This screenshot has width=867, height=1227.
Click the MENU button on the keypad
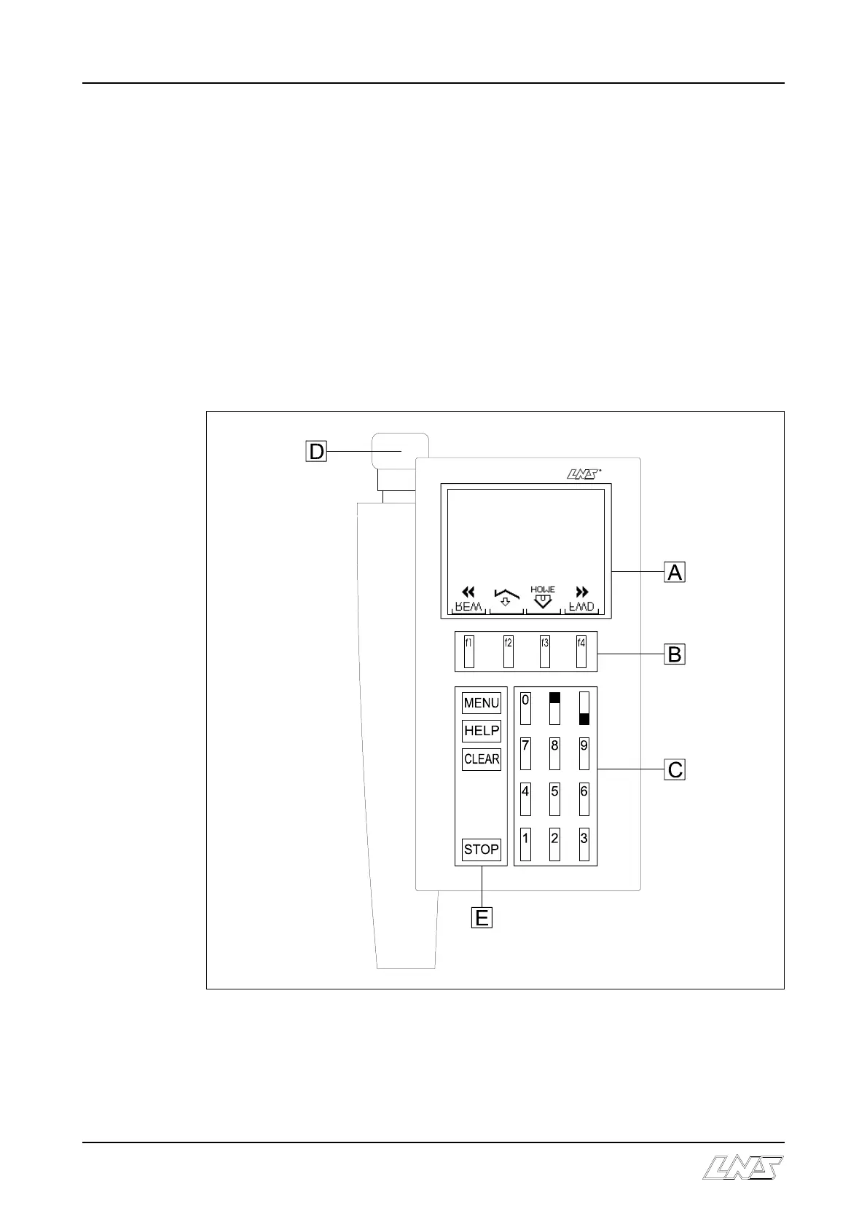(x=482, y=703)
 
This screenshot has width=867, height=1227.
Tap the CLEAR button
(x=482, y=759)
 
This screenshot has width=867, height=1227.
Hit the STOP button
(x=482, y=850)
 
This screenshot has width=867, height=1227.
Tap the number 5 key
(x=554, y=799)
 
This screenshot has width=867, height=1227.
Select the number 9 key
(x=584, y=753)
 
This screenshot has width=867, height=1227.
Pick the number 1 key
(x=525, y=844)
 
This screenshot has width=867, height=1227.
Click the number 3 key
(x=584, y=844)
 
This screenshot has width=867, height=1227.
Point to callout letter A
(x=675, y=573)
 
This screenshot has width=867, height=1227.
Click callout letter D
(x=316, y=452)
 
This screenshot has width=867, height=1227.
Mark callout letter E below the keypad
(x=482, y=918)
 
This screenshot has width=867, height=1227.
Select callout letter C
(x=675, y=769)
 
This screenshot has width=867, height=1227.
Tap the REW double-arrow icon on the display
(x=468, y=592)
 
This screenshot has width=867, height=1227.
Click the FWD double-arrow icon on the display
(x=581, y=592)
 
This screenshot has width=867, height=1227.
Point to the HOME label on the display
(x=543, y=589)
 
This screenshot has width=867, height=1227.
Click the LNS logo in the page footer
(x=743, y=1167)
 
